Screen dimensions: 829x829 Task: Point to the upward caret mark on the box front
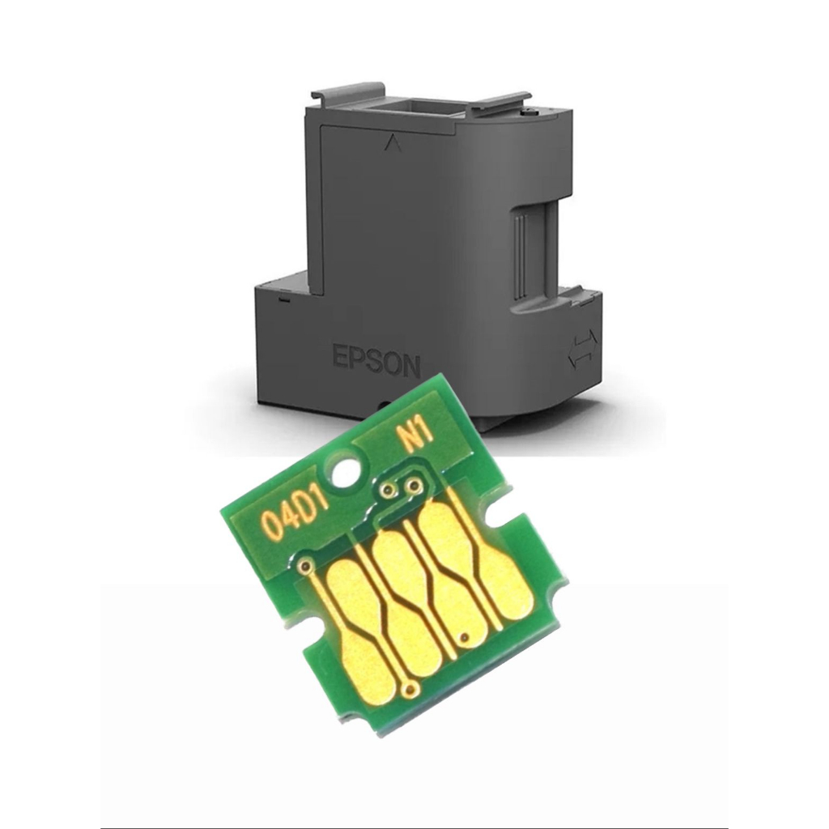coord(391,141)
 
